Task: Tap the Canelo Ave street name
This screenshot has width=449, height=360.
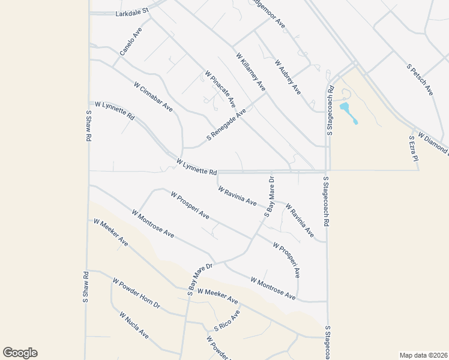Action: click(130, 42)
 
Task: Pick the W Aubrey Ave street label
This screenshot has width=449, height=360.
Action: click(288, 77)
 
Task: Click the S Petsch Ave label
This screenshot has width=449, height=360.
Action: click(420, 79)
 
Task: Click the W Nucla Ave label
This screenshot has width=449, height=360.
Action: click(133, 325)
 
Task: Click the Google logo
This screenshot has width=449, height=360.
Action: click(20, 353)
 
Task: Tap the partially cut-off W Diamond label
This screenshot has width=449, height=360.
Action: click(433, 142)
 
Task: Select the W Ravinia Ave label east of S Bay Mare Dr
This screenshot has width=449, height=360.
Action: click(299, 219)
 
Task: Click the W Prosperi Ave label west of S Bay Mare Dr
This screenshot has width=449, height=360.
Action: click(190, 205)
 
